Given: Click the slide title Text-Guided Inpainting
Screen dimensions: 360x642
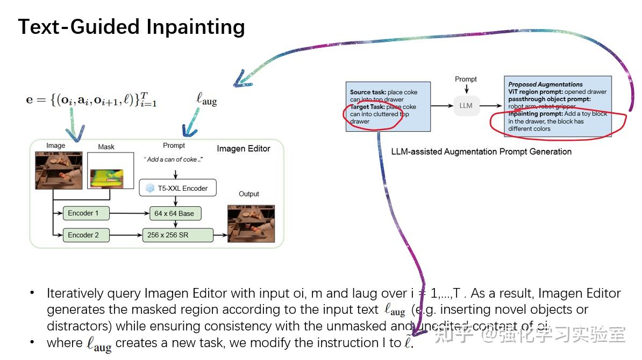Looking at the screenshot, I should tap(132, 27).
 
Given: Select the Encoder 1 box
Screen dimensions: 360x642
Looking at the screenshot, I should tap(86, 213).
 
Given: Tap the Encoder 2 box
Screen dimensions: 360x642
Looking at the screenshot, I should tap(86, 235).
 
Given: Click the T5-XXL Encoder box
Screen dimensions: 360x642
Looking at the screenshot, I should tap(177, 188).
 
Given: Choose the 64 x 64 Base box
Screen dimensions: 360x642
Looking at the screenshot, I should tap(174, 213).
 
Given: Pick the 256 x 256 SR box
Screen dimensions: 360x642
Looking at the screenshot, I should tap(177, 235).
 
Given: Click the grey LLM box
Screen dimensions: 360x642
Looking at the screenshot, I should tap(466, 105).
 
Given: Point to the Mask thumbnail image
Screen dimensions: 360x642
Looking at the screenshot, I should tap(110, 171).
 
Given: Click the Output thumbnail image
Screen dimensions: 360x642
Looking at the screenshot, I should tap(251, 224).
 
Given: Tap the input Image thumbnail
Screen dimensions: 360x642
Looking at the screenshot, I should tap(59, 170).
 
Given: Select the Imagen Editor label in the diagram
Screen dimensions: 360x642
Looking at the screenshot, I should tap(243, 148).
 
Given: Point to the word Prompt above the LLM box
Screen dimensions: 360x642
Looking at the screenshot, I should tap(466, 79).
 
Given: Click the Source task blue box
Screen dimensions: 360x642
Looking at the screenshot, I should tap(388, 106).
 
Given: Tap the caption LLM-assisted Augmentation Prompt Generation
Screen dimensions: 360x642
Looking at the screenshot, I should tap(481, 152).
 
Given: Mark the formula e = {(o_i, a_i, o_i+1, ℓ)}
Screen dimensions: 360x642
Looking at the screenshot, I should tap(91, 100).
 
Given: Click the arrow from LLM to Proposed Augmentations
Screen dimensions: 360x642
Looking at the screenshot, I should tap(491, 105).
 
